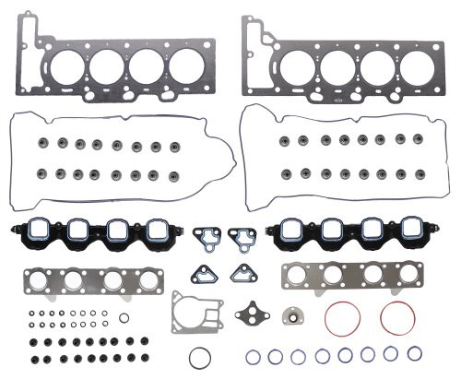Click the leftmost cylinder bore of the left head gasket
pos(65,67)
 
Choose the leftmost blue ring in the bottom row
pos(254,355)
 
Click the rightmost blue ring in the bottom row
pos(413,353)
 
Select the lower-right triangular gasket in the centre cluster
pos(243,274)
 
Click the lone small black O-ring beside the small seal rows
pos(124,318)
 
